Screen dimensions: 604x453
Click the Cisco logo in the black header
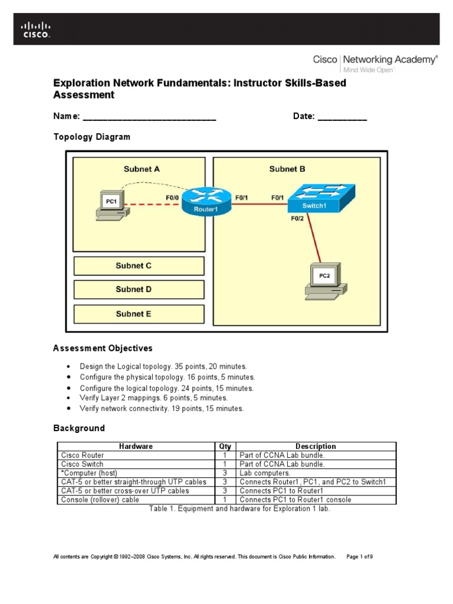point(36,29)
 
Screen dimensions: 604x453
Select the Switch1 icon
point(321,199)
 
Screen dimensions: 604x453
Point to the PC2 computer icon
point(324,280)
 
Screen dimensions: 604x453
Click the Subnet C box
point(139,266)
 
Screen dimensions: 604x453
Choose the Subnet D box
point(139,290)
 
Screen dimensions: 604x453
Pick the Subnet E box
point(139,314)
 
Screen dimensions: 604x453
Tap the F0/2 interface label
point(297,218)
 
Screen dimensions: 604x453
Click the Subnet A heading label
point(142,169)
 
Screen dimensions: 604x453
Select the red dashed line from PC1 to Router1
point(151,205)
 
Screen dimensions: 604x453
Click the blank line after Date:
point(342,117)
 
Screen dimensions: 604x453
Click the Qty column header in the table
point(225,447)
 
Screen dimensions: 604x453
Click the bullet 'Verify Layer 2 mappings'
point(153,398)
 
